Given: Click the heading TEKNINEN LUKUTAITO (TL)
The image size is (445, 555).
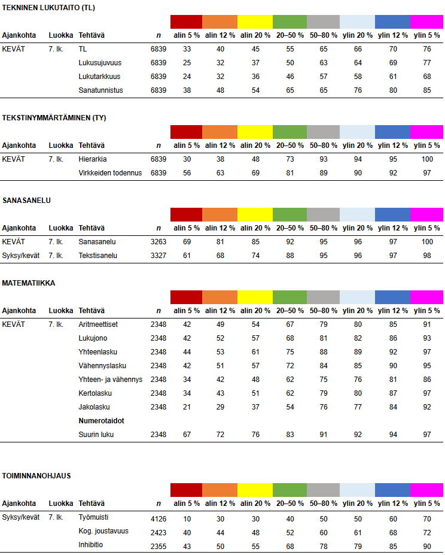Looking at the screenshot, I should coord(48,8).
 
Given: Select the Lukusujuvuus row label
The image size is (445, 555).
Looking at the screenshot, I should coord(99,63).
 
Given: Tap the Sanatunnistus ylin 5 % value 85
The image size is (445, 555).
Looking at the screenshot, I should coord(426,90).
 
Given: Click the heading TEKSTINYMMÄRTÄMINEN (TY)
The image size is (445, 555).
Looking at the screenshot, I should coord(54,118).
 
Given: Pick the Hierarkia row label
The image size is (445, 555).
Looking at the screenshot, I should coord(92,159).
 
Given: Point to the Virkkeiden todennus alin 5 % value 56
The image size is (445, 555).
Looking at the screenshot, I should coord(187,173).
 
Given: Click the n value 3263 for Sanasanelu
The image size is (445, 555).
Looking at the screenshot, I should coord(159,242).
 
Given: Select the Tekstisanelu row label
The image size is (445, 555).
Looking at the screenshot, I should coord(97,256).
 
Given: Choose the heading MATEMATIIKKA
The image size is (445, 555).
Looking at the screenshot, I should coord(29,283).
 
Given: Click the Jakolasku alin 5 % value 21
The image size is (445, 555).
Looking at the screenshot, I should coord(187,407).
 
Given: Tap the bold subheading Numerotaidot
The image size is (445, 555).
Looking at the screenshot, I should coord(101,421).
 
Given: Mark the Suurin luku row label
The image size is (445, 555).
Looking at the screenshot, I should coord(96,435).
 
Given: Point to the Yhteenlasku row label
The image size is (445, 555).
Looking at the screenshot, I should coord(97,352).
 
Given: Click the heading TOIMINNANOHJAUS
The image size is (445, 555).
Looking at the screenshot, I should coord(36,476).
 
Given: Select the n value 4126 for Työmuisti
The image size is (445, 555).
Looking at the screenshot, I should coord(159,517).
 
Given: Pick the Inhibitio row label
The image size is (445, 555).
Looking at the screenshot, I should coord(91,545).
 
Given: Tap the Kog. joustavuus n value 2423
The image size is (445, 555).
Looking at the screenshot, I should coord(159,531).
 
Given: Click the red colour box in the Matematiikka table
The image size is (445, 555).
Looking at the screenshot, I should coord(186,297).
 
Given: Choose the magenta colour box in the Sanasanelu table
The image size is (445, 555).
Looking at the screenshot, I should coord(426,214).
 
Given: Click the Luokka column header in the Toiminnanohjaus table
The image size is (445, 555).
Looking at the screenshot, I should coord(61,504).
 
